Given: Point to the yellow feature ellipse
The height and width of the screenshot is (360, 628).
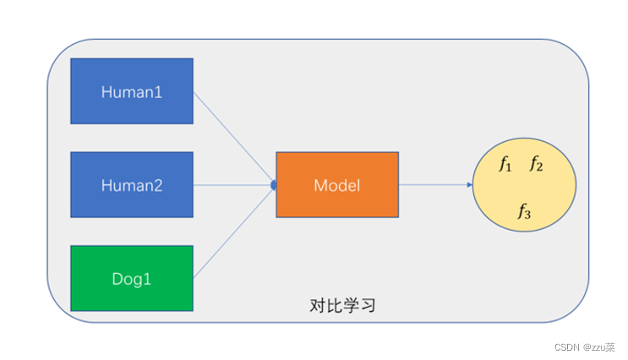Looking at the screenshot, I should (x=525, y=188).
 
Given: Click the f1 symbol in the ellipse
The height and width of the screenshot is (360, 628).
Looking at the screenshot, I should (x=505, y=165).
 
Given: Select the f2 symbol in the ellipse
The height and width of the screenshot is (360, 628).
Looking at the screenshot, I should (x=536, y=165).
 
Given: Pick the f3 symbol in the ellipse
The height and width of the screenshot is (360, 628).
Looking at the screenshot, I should (x=524, y=212).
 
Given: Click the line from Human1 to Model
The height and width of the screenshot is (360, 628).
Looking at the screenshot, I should (x=234, y=138).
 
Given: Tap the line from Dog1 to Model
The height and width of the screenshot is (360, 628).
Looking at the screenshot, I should (x=234, y=232).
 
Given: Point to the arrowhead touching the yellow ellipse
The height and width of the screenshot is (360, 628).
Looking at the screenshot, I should (x=469, y=184).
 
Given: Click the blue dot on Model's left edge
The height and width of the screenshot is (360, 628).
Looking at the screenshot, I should (x=273, y=184).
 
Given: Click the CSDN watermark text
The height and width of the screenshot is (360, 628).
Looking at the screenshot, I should (x=584, y=346).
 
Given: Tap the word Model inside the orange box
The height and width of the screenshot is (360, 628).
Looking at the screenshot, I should (x=336, y=185).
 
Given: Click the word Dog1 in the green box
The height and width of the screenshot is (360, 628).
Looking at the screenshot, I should (x=132, y=278).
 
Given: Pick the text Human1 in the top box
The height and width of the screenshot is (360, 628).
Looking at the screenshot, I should (x=132, y=91).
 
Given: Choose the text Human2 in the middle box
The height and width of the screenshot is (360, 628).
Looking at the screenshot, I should (x=132, y=185).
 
